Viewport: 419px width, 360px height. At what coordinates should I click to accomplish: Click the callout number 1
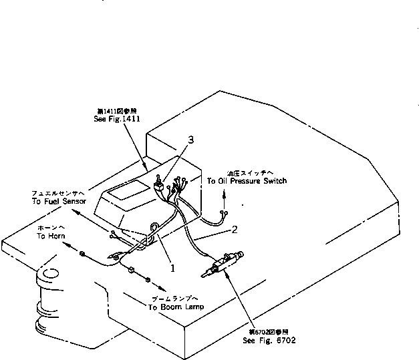(x=172, y=267)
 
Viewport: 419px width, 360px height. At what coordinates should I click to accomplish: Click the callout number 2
(x=235, y=231)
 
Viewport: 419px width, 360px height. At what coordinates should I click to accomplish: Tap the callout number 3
(x=192, y=140)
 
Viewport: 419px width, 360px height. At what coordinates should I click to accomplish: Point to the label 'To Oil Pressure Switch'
(x=247, y=181)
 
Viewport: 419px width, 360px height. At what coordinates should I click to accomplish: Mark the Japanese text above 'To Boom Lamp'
(x=176, y=299)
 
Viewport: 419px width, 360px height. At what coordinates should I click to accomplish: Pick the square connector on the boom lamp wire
(x=131, y=271)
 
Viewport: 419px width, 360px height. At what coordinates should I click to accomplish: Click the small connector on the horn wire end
(x=81, y=253)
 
